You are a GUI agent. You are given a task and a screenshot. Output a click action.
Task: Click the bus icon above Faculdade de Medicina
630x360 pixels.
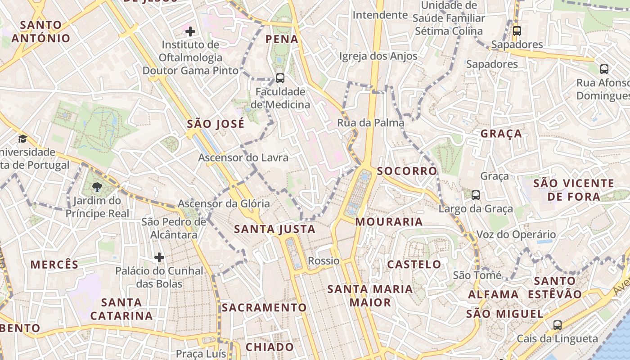click(280, 78)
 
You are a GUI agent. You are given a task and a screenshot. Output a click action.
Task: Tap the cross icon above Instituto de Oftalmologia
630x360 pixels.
click(190, 31)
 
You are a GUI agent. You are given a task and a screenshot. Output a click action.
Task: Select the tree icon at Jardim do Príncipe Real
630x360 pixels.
click(97, 187)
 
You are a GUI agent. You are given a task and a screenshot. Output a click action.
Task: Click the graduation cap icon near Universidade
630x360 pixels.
click(22, 139)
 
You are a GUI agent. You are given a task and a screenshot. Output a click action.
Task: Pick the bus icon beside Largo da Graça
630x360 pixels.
click(476, 195)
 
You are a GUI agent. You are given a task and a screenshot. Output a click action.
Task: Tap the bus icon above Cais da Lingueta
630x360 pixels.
click(558, 325)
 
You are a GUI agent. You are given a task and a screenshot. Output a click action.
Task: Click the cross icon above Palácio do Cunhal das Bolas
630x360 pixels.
click(159, 257)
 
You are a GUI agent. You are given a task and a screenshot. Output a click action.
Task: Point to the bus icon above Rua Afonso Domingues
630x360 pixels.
click(604, 69)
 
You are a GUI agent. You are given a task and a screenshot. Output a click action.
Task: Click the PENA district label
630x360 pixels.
click(282, 39)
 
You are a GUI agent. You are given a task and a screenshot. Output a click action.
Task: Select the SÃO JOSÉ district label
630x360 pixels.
click(216, 124)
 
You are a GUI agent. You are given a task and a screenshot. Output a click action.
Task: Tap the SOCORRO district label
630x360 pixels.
click(407, 171)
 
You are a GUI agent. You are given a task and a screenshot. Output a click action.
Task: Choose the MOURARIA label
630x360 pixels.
click(389, 222)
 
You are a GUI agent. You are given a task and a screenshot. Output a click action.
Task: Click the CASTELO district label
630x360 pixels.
click(414, 264)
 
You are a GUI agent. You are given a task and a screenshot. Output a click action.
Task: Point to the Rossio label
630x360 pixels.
click(324, 261)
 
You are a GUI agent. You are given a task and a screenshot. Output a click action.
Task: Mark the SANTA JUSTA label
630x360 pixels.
click(275, 229)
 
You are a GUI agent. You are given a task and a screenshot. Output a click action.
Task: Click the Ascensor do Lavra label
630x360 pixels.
click(243, 158)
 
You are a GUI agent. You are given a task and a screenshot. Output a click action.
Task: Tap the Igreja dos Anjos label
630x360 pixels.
click(378, 56)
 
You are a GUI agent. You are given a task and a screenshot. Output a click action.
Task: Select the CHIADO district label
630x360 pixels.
click(270, 347)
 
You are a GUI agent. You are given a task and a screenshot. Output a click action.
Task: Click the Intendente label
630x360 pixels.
click(380, 15)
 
